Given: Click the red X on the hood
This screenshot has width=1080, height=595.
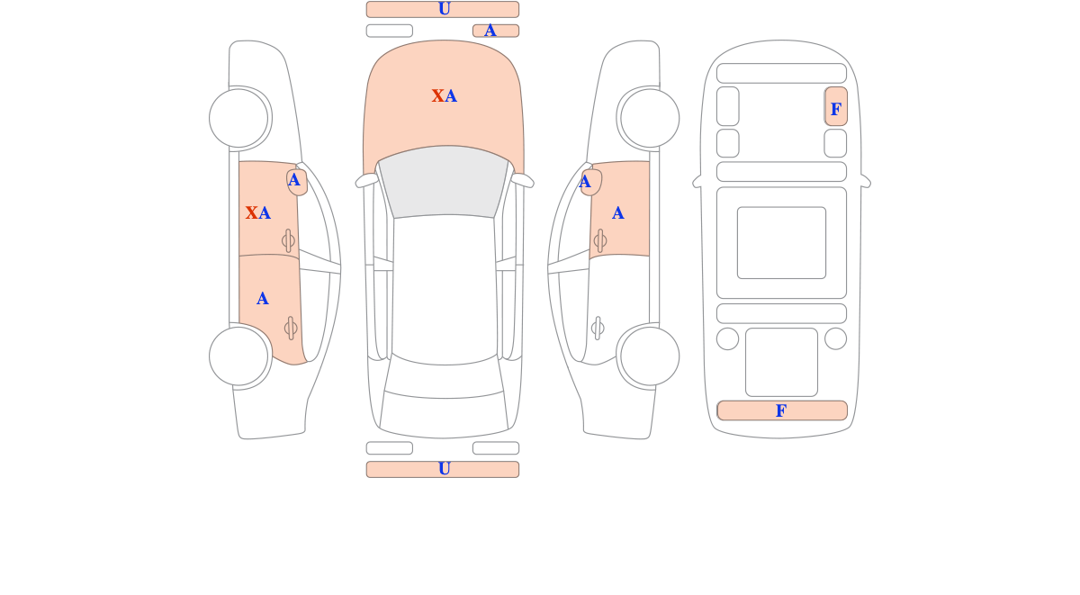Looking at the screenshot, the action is tap(437, 96).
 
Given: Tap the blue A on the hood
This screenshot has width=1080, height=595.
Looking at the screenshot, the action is tap(451, 96).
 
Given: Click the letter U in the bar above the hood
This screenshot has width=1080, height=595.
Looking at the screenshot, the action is tap(445, 9).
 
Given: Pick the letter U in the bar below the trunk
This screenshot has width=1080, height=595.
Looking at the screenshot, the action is tap(445, 469).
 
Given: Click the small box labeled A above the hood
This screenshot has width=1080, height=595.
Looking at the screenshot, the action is tap(496, 31).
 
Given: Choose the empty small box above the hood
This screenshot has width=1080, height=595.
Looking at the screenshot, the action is tap(390, 31).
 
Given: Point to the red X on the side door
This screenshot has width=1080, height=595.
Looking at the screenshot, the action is tap(251, 212).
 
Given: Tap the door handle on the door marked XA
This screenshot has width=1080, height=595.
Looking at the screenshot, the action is tap(288, 240).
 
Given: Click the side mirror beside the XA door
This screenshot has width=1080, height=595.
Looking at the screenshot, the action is tap(297, 182).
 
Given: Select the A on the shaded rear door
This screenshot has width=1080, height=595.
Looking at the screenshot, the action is tap(262, 299).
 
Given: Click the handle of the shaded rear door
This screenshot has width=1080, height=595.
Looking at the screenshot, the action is tap(291, 329).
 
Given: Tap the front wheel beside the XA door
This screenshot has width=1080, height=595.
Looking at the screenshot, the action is tap(238, 118).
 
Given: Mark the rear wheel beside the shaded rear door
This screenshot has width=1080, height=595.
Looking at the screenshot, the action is tap(238, 356).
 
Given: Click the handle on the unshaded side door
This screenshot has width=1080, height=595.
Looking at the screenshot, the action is tap(598, 329).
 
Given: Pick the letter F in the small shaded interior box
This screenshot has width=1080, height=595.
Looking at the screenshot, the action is tap(836, 110).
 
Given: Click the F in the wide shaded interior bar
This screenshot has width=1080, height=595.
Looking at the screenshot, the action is tap(781, 410).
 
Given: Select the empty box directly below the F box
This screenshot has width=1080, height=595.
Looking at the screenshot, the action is tap(835, 143).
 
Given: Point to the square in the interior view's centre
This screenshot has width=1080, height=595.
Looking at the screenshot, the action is tap(781, 243).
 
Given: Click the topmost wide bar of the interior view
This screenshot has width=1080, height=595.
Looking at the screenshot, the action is tap(781, 73).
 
